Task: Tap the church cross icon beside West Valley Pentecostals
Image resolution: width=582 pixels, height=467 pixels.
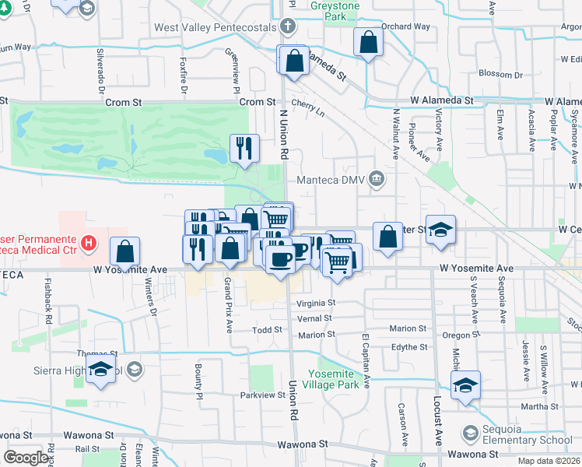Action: pos(289,27)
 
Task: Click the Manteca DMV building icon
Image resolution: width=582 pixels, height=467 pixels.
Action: pos(377,180)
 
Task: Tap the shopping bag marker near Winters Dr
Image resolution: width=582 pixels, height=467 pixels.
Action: pos(124,251)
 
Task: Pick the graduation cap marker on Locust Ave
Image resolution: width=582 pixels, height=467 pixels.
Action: pos(465,384)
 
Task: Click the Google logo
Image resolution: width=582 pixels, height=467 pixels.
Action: pos(26,458)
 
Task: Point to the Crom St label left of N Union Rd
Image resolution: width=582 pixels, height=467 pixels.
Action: pos(258,102)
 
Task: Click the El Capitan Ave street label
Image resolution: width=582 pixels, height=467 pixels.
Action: pos(366,360)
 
